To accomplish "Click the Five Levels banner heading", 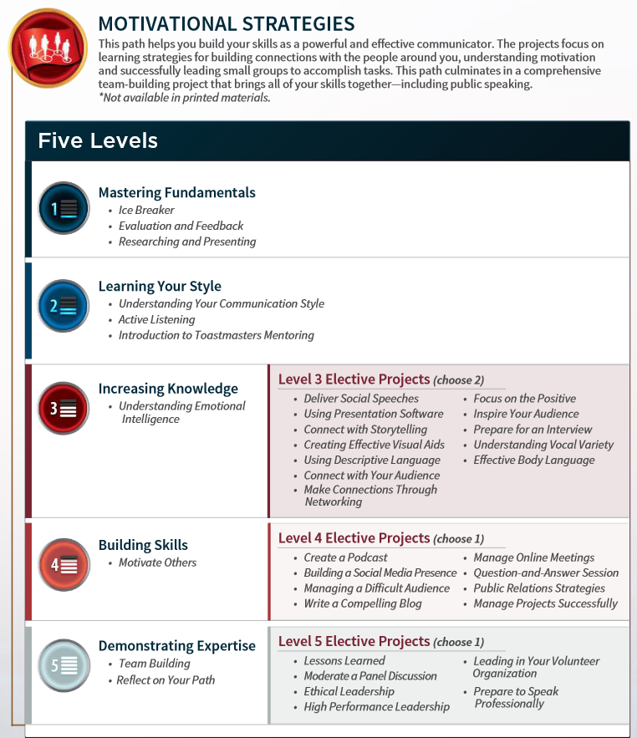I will coord(98,140).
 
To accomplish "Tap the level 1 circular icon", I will coord(64,208).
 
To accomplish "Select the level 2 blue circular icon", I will coord(64,305).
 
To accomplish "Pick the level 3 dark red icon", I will coord(64,408).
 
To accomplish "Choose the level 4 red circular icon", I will coord(64,564).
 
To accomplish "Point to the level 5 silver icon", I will coord(64,665).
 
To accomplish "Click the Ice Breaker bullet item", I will coord(146,210).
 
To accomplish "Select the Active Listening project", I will coord(156,319).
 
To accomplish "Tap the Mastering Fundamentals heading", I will coord(176,192).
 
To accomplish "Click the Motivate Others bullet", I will coord(157,562).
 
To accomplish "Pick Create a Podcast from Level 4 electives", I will coord(345,557).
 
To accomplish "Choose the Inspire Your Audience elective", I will coord(526,414).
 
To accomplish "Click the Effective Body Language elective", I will coord(534,460).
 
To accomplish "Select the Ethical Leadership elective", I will coord(349,691).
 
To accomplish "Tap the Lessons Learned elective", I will coord(344,660).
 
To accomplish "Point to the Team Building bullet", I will coord(154,664).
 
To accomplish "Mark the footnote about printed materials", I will coord(184,97).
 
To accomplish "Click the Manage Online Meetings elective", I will coord(533,557).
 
